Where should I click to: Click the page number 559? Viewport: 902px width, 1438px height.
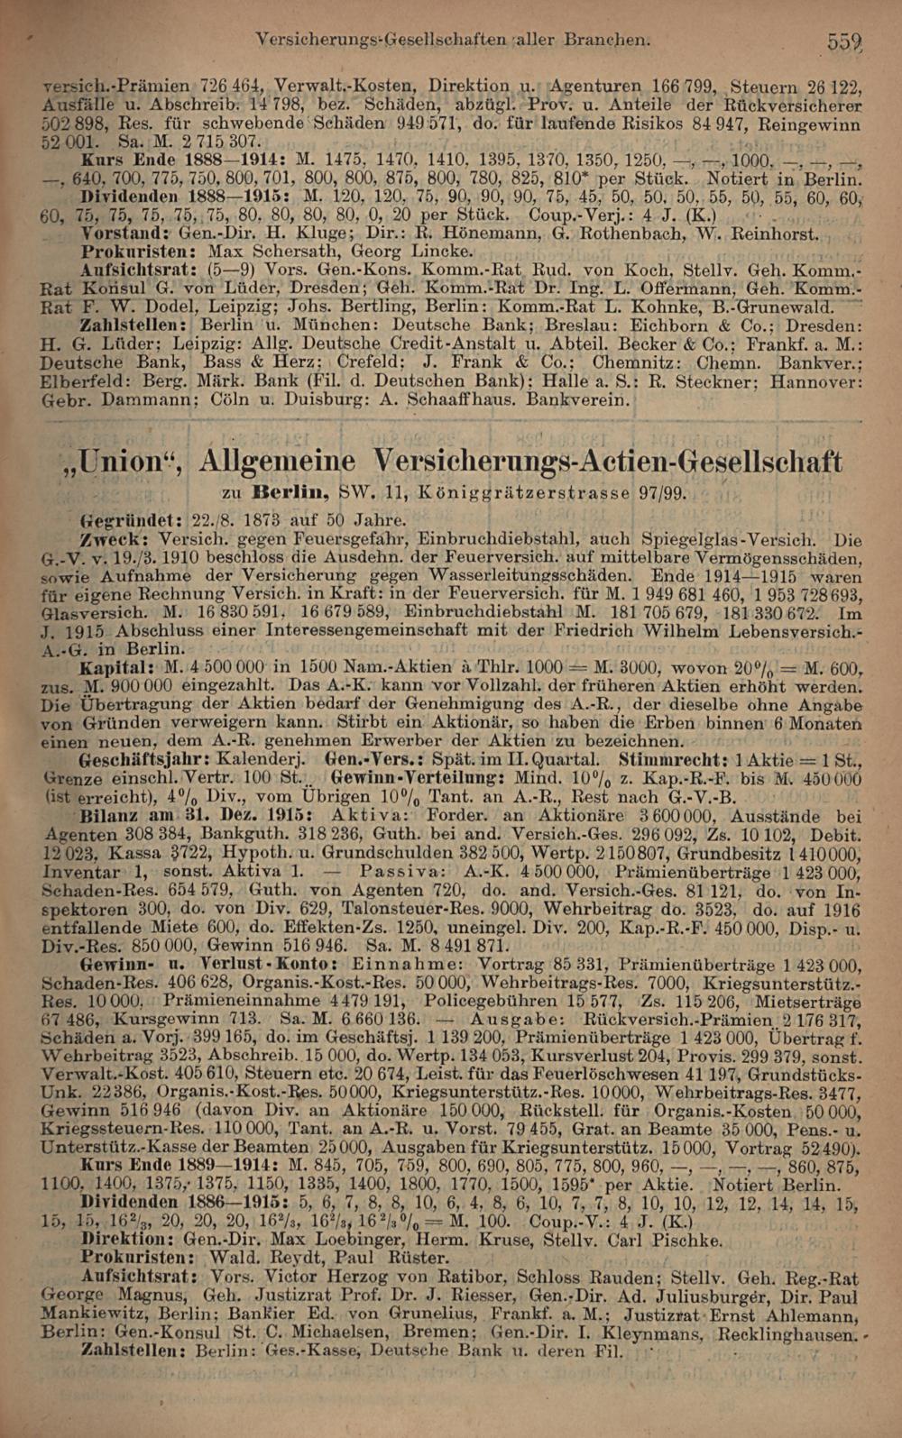[x=846, y=41]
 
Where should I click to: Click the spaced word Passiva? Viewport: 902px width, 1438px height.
[x=398, y=871]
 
